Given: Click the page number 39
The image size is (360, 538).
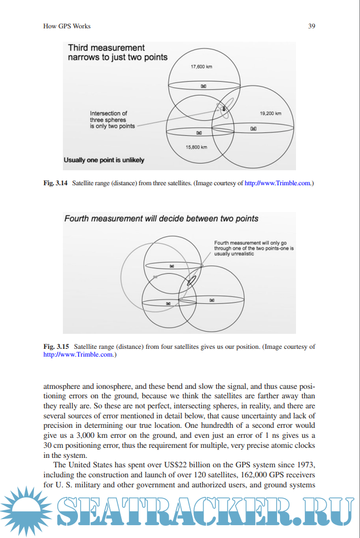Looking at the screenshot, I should click(x=312, y=26).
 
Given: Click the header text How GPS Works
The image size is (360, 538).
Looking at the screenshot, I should click(x=67, y=26).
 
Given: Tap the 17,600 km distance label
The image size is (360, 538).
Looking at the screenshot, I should click(x=202, y=67).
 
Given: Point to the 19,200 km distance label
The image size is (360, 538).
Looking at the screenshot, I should click(x=270, y=113).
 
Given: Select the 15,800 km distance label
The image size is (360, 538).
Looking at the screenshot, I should click(x=196, y=147).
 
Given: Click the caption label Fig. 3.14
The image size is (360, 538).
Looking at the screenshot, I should click(x=56, y=182).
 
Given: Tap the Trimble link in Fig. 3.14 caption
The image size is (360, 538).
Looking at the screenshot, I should click(x=279, y=182).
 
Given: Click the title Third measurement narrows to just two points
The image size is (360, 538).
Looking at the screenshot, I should click(x=117, y=52).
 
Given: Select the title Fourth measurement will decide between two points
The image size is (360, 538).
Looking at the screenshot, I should click(x=161, y=219).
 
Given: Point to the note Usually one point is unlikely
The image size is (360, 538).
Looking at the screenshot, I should click(x=104, y=160).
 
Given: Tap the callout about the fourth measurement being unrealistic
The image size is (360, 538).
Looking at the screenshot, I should click(x=254, y=248).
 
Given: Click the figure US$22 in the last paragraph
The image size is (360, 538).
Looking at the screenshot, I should click(x=180, y=465).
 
